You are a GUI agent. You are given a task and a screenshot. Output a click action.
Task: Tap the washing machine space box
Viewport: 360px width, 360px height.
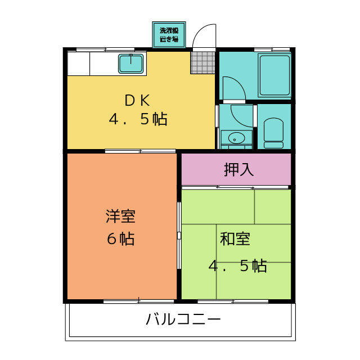(169, 35)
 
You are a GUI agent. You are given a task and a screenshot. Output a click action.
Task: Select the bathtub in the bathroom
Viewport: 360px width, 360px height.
(274, 75)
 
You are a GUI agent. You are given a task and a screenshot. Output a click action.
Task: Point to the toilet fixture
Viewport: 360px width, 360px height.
(274, 133)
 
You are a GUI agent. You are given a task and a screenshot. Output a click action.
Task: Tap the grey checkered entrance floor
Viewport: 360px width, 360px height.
(203, 62)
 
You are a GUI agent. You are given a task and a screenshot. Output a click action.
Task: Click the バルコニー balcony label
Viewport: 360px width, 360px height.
(183, 320)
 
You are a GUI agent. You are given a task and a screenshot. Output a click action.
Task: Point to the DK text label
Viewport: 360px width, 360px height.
(137, 101)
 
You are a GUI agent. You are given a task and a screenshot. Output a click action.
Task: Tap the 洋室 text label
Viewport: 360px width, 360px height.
(120, 216)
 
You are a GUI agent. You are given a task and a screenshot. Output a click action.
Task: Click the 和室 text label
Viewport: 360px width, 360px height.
(235, 239)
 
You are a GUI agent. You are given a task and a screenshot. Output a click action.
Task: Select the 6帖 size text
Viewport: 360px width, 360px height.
(120, 239)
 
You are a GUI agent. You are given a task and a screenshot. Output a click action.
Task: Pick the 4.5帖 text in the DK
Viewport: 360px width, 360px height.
(137, 120)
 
